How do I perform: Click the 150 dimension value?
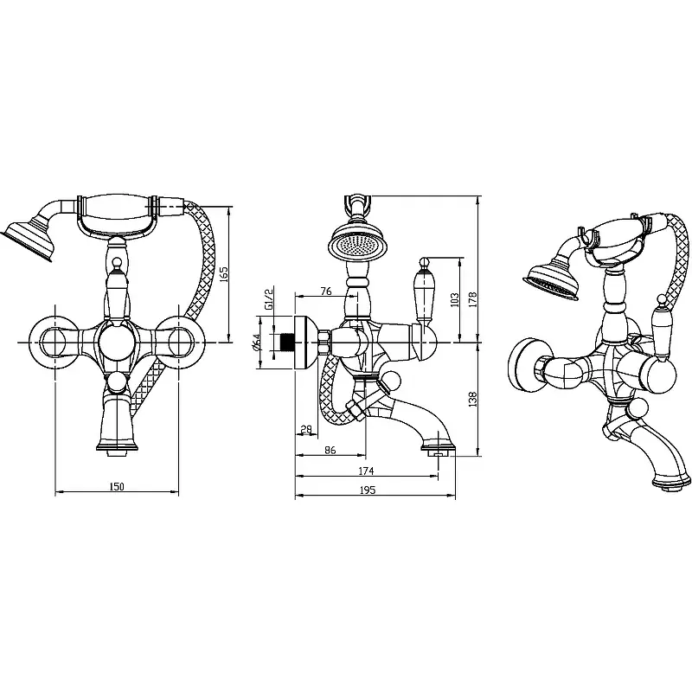(x=117, y=487)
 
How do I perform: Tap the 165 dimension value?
(x=223, y=274)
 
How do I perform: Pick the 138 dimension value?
(x=473, y=400)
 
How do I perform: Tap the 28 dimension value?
(x=306, y=429)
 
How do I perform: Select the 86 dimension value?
(x=330, y=450)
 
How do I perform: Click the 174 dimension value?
(x=366, y=471)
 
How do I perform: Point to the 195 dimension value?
(x=368, y=490)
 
